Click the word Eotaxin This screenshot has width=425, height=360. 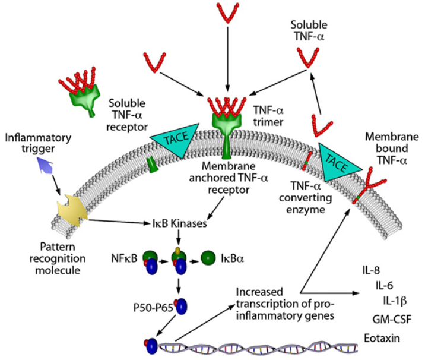pyautogui.click(x=382, y=339)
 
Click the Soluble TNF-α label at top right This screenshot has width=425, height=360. pyautogui.click(x=309, y=30)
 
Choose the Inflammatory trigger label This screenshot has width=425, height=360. pyautogui.click(x=38, y=143)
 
